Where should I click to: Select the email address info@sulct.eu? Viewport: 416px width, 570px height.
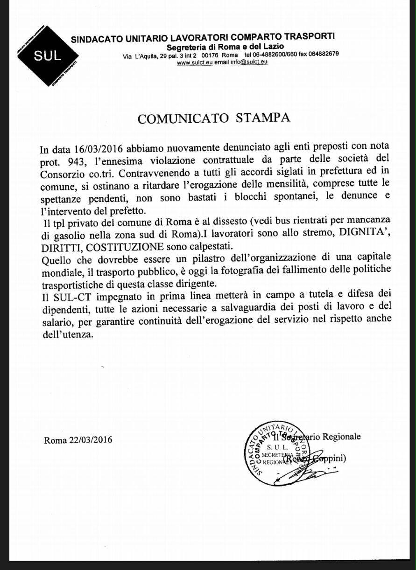(x=249, y=62)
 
